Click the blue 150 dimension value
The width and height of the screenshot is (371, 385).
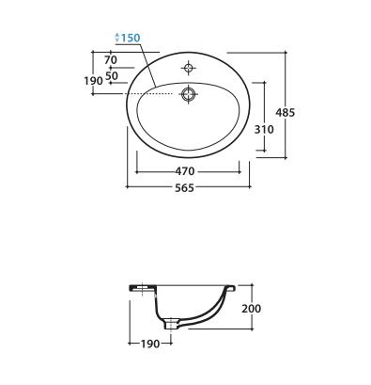pyautogui.click(x=131, y=38)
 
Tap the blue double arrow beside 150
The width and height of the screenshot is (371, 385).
pyautogui.click(x=117, y=38)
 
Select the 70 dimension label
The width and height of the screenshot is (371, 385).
pyautogui.click(x=111, y=59)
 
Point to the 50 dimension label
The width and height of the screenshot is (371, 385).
pyautogui.click(x=112, y=75)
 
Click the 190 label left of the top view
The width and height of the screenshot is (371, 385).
pyautogui.click(x=93, y=81)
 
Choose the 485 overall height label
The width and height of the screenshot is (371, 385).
pyautogui.click(x=286, y=112)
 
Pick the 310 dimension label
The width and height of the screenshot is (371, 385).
pyautogui.click(x=264, y=129)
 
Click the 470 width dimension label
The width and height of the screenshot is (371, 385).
pyautogui.click(x=185, y=171)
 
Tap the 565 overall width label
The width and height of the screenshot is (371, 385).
pyautogui.click(x=185, y=188)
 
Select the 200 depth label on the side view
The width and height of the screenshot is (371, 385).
pyautogui.click(x=252, y=309)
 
